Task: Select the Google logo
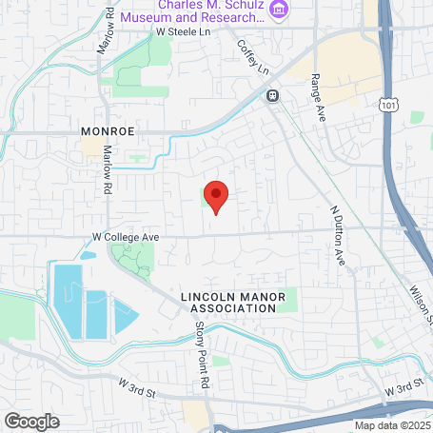click(31, 420)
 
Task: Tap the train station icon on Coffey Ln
click(272, 95)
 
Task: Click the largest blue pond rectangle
click(68, 297)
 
